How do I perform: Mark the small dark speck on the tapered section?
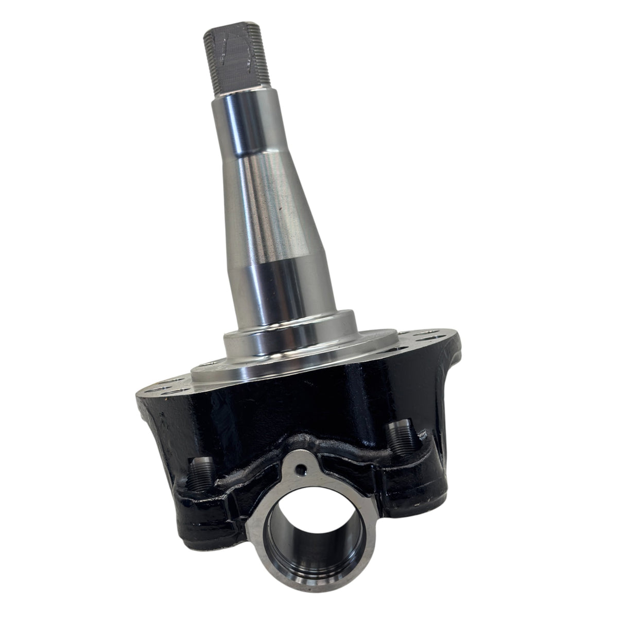pos(279,210)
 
